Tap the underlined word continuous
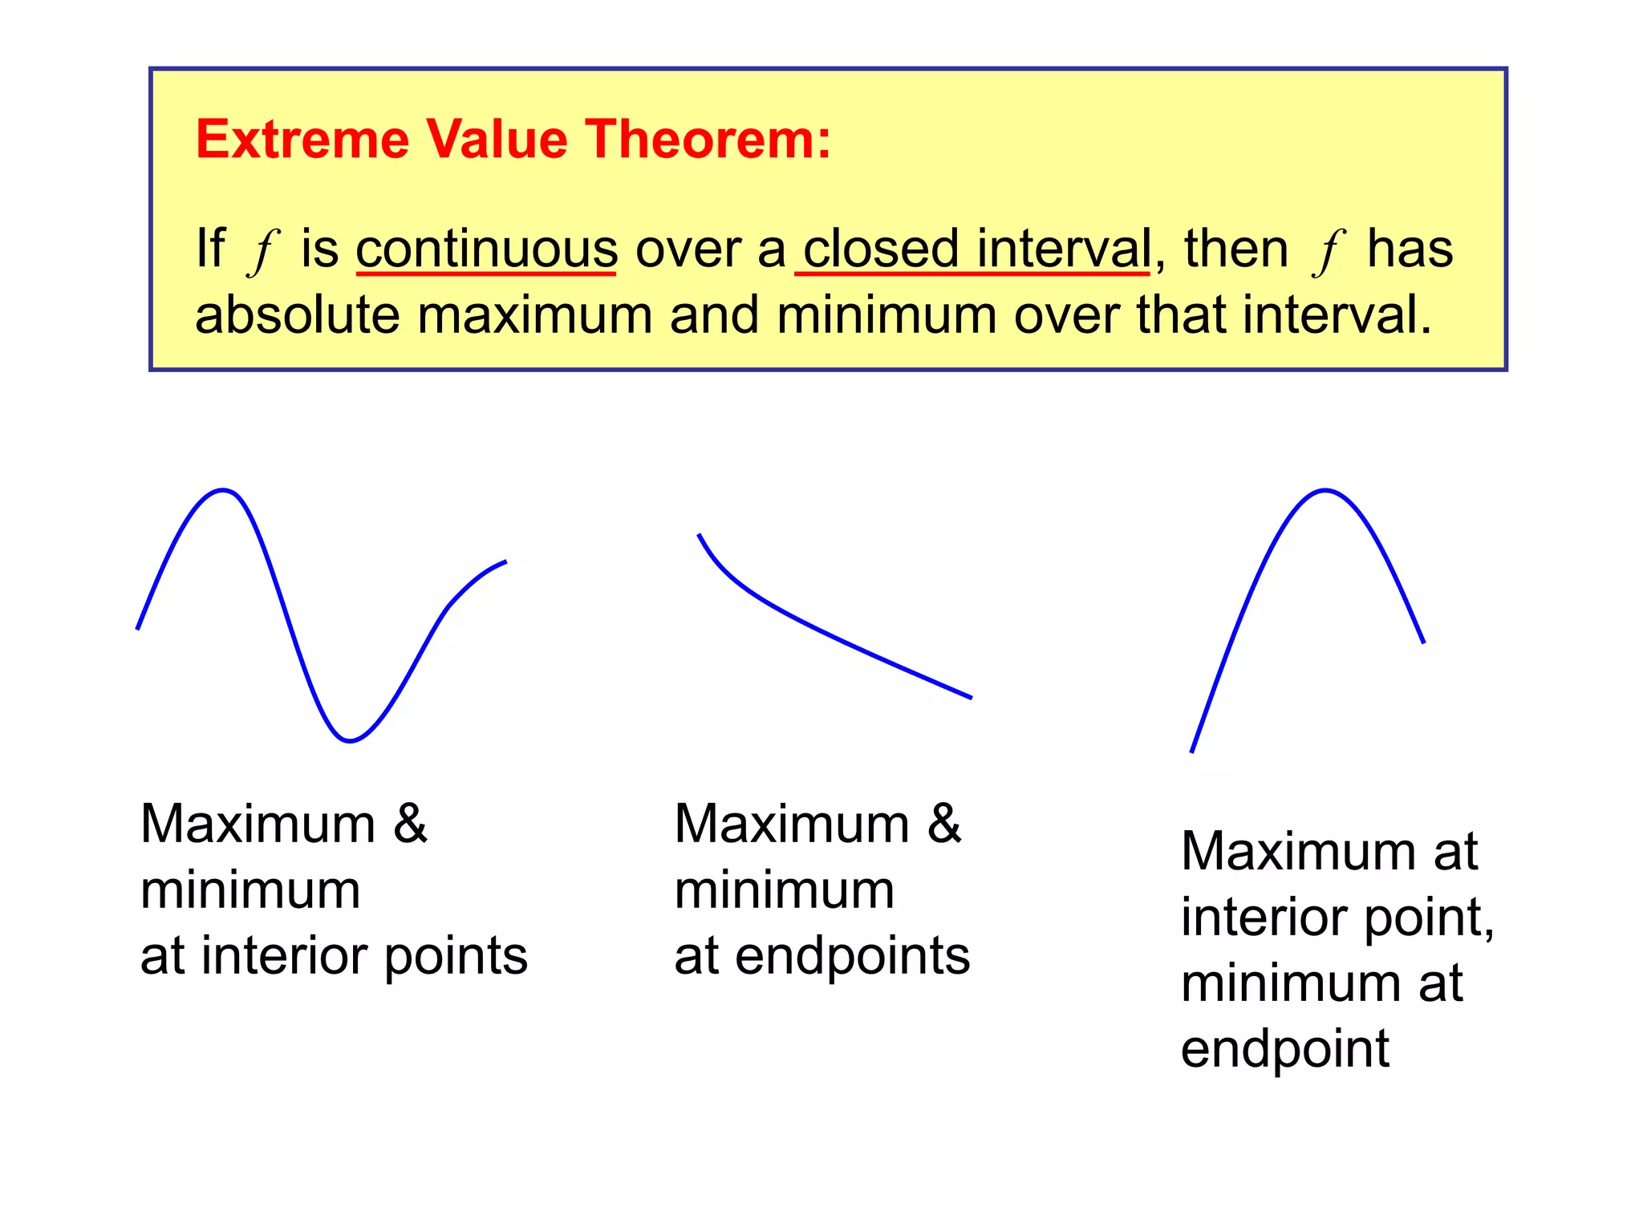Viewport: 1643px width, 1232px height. (486, 249)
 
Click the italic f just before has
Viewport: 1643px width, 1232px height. (1328, 250)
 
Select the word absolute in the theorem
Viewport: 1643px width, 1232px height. (297, 314)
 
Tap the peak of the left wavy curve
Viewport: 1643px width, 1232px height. (223, 490)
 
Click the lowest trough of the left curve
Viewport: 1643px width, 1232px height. (350, 740)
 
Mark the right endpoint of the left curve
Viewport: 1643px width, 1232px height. (505, 562)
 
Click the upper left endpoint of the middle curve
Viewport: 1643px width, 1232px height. (700, 535)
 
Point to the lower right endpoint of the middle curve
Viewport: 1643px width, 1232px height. (971, 698)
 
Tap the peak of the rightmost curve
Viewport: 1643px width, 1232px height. (1325, 490)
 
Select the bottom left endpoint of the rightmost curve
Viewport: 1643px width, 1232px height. (1192, 752)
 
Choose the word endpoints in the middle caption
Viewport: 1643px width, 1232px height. (852, 955)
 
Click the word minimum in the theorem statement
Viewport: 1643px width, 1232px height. (886, 314)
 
